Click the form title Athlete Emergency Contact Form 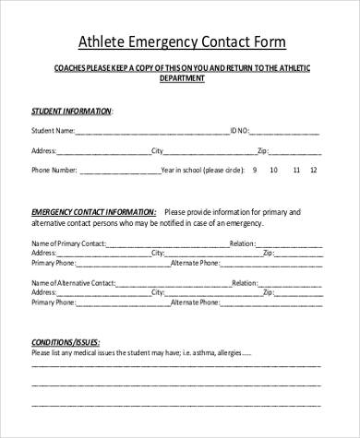(180, 41)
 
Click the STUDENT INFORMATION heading (71, 110)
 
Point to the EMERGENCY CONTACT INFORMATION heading (93, 209)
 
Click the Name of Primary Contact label (68, 243)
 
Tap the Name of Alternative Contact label (74, 284)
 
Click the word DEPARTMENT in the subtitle (180, 78)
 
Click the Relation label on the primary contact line (242, 243)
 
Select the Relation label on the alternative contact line (246, 284)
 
